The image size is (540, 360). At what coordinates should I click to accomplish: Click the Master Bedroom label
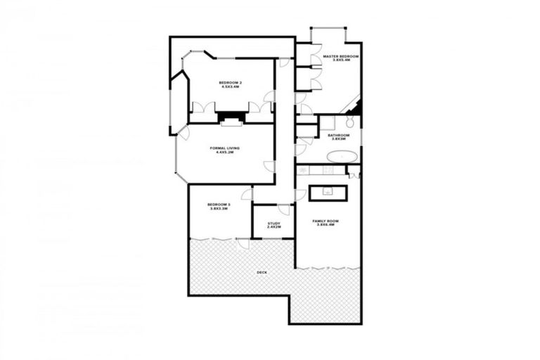[340, 56]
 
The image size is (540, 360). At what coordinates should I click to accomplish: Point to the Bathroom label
[338, 135]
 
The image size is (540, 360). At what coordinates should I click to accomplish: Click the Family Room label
[326, 221]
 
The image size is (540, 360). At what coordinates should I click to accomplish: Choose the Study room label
[274, 224]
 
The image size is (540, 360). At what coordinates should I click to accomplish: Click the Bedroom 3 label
[219, 205]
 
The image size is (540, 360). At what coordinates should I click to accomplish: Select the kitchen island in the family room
[328, 192]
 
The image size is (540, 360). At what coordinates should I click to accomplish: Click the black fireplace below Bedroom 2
[230, 116]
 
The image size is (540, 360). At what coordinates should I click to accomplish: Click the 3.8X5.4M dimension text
[341, 60]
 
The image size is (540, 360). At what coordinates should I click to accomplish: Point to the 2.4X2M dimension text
[274, 228]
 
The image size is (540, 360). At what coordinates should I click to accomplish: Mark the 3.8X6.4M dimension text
[326, 226]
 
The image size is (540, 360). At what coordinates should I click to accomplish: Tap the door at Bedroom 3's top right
[246, 194]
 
